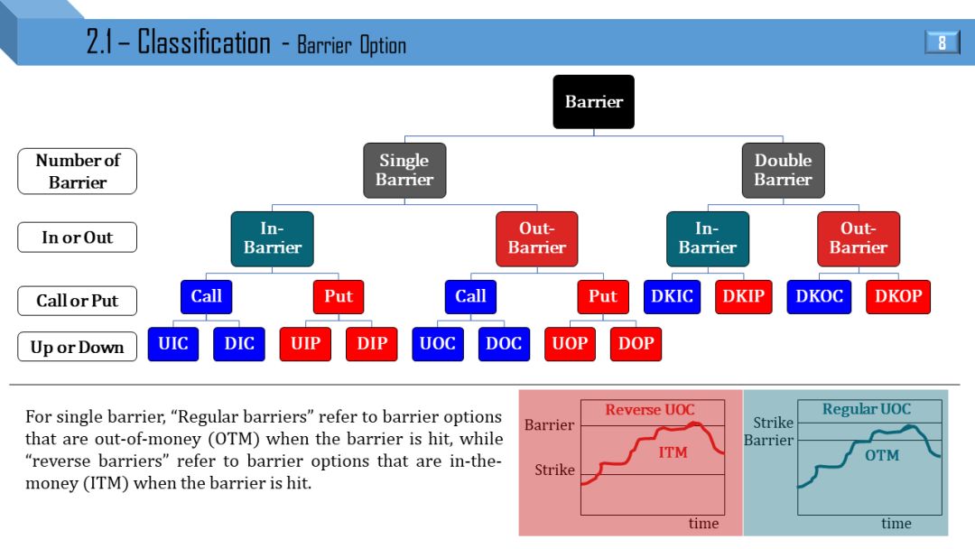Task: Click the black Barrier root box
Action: tap(593, 102)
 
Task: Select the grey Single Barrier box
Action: tap(404, 170)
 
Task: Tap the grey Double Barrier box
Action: tap(783, 170)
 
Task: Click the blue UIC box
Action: tap(173, 344)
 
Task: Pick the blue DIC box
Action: tap(239, 344)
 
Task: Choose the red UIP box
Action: tap(305, 344)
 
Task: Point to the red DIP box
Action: tap(372, 344)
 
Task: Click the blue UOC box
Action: tap(438, 344)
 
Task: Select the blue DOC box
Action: tap(504, 344)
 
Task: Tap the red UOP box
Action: tap(570, 344)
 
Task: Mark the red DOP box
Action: tap(636, 344)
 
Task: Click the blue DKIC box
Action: tap(673, 297)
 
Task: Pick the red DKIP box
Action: tap(744, 297)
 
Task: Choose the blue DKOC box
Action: tap(819, 297)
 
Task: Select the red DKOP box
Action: tap(898, 297)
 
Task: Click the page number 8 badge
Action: tap(942, 42)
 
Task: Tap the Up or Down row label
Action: tap(77, 347)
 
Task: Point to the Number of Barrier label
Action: tap(77, 172)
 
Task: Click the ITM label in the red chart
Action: tap(673, 452)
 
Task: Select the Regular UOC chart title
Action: tap(867, 410)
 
